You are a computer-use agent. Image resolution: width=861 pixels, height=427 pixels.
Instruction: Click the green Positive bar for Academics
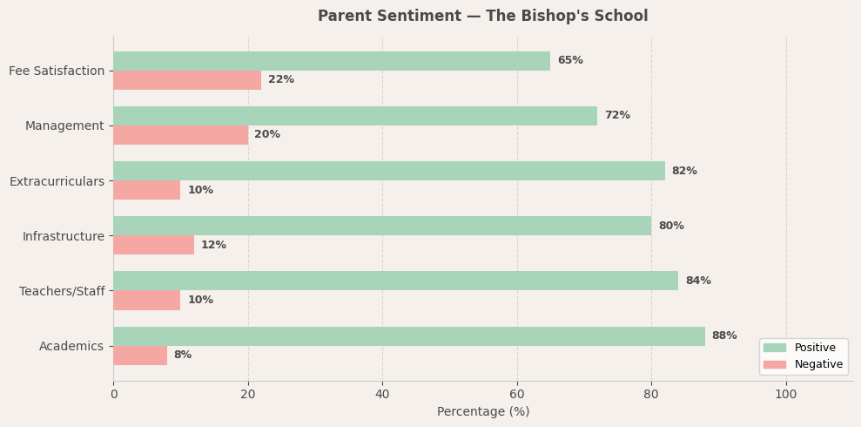point(409,336)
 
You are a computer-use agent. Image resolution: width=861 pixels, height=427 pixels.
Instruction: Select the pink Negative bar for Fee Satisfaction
point(187,80)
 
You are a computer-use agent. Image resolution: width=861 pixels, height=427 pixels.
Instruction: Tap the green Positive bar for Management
point(355,116)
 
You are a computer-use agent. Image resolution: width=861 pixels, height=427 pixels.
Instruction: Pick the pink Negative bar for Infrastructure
point(153,245)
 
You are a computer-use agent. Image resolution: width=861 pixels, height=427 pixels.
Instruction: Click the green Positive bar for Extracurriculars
point(389,171)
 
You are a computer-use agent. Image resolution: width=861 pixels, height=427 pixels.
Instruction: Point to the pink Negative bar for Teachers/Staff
point(147,300)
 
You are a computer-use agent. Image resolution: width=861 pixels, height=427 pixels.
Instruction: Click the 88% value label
point(724,336)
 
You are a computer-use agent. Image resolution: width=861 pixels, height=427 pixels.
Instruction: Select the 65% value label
point(570,61)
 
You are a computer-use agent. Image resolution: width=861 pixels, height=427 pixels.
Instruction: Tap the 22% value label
point(281,80)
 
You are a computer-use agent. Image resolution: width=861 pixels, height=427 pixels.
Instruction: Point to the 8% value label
point(183,356)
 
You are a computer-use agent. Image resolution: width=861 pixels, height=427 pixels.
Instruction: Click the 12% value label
point(214,246)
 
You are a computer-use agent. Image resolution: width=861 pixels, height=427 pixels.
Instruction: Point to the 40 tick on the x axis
point(382,395)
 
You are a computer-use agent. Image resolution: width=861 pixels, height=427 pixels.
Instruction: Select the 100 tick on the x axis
point(786,395)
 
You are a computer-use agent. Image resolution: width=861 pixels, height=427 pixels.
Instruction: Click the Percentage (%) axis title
point(483,412)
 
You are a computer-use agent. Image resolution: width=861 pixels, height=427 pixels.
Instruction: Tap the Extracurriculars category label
point(57,181)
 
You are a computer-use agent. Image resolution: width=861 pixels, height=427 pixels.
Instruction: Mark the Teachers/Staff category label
point(62,291)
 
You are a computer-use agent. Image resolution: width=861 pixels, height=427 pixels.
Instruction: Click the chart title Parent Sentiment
point(483,17)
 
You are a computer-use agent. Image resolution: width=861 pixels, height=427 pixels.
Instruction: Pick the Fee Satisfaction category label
point(57,71)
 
